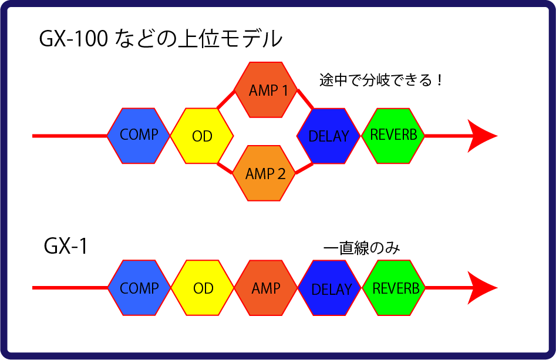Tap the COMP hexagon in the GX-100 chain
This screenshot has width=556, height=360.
pos(139,136)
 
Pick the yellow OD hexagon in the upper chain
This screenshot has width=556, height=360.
pos(202,136)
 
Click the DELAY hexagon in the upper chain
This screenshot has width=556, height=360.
pos(329,136)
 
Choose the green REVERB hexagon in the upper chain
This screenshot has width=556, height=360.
pos(393,135)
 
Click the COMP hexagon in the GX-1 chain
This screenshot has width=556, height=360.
pos(139,288)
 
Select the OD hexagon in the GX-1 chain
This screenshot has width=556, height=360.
pos(203,288)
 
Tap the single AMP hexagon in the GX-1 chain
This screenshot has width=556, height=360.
pos(265,288)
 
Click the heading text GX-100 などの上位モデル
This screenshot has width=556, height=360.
pos(160,40)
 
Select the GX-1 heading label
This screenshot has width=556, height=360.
pos(66,247)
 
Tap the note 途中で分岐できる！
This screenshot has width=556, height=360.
pos(380,80)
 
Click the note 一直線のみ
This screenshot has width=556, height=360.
pos(361,248)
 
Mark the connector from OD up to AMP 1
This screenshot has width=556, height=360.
pos(225,100)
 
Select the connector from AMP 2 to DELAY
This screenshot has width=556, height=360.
pos(304,167)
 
